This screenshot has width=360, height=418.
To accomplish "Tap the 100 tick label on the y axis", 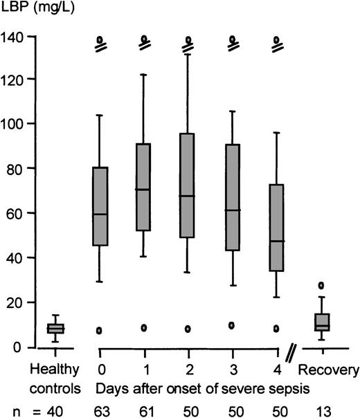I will (13, 124).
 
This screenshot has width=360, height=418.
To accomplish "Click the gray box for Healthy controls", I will (55, 328).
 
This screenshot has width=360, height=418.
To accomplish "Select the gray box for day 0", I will (100, 206).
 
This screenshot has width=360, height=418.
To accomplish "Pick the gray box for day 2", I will (187, 185).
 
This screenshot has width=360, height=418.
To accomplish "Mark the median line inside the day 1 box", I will (144, 190).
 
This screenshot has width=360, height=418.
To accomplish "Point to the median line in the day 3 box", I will (232, 210).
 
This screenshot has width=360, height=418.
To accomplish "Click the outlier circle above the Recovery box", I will (321, 285).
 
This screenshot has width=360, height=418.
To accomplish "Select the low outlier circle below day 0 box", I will (100, 331).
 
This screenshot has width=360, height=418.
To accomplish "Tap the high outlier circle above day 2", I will (187, 39).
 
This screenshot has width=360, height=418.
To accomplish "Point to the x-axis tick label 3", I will (232, 367).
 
